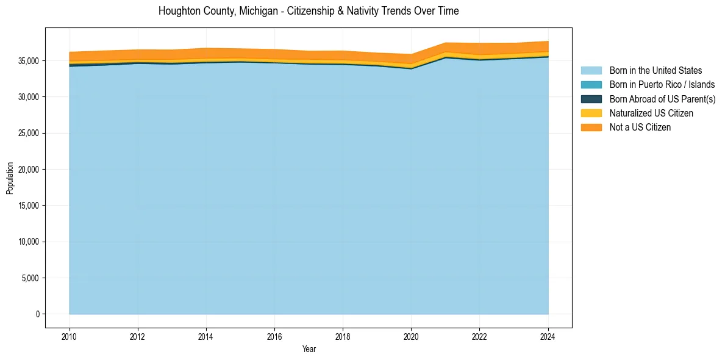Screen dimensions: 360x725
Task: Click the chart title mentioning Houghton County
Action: pos(309,11)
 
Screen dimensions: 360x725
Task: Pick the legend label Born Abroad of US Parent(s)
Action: pos(662,99)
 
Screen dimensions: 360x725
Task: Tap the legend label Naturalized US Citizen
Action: pos(651,113)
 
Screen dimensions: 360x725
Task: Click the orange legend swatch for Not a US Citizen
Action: pos(591,128)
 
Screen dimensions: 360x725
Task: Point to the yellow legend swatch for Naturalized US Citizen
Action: pos(591,113)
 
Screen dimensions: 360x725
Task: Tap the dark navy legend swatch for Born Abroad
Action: pos(591,99)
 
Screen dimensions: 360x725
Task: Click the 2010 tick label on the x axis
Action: pos(70,336)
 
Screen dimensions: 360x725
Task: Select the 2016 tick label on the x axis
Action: pos(275,336)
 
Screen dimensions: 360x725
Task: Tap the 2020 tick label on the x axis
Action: pos(412,336)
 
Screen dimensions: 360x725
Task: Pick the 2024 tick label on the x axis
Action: pos(548,336)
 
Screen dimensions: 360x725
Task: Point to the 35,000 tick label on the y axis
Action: pos(28,61)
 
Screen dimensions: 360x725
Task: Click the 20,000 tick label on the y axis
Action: pos(28,170)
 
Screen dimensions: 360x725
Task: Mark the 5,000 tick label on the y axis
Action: pos(30,278)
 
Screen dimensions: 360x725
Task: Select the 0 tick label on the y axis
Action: pos(38,314)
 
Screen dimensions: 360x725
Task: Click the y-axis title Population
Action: pos(10,178)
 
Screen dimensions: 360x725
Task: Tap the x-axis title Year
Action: pos(309,349)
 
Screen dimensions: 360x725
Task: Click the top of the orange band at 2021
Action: pos(446,43)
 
